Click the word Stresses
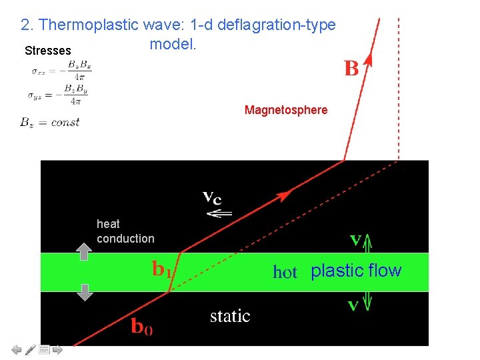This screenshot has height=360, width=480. tap(47, 51)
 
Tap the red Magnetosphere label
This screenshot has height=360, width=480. tap(286, 110)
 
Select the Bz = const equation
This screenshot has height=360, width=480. tap(50, 122)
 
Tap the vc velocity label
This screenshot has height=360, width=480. tap(212, 197)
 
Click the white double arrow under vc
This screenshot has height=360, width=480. tap(219, 213)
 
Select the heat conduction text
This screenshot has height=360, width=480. tap(125, 231)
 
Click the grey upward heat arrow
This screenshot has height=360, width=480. tap(84, 251)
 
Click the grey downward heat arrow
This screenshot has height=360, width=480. tap(84, 292)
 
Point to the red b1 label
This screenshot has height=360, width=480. tap(162, 269)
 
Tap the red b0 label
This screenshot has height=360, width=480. tap(141, 327)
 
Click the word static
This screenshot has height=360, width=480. tap(230, 315)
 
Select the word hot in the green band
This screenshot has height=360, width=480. tap(285, 272)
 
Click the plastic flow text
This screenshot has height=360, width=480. tap(356, 271)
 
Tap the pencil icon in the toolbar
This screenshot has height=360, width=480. tap(31, 349)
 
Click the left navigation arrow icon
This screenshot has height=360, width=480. tap(17, 349)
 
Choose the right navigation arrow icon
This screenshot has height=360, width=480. tap(57, 349)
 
